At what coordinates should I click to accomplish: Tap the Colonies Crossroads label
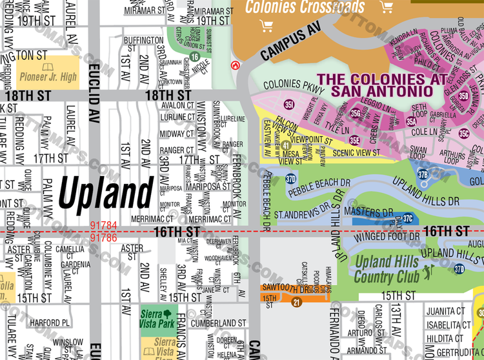point(305,8)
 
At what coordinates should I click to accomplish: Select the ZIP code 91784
point(103,226)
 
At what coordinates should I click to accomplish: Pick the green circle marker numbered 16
point(194,57)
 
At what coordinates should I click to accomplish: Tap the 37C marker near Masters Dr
point(408,219)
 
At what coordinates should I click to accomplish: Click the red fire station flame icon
point(236,65)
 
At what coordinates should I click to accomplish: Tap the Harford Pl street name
point(49,323)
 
